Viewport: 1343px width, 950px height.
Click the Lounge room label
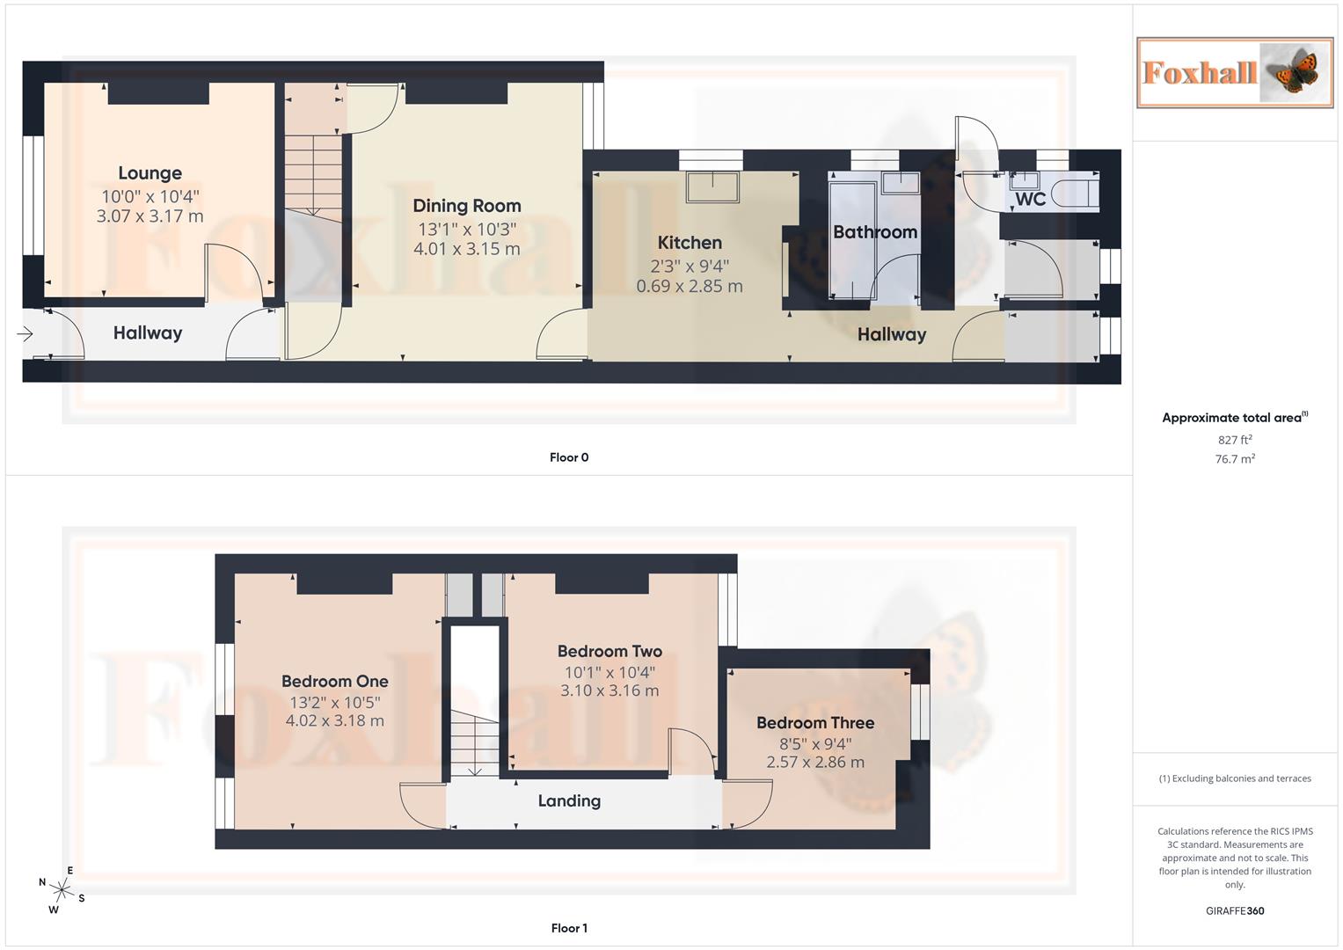(x=150, y=173)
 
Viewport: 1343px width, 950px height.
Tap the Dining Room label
(x=467, y=206)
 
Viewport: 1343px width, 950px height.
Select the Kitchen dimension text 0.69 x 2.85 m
(x=690, y=286)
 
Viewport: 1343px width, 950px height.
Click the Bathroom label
(x=874, y=232)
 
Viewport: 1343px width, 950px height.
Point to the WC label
(x=1030, y=199)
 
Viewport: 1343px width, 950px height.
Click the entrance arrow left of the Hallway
(x=25, y=334)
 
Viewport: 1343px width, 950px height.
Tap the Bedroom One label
(x=334, y=681)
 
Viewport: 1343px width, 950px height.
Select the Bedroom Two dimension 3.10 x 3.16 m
(x=609, y=691)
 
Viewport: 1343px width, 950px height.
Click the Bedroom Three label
(x=815, y=723)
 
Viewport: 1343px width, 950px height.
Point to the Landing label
(x=569, y=800)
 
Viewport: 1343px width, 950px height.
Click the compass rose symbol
(x=61, y=889)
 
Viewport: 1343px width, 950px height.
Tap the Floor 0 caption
(x=569, y=457)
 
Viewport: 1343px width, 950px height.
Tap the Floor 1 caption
(x=569, y=928)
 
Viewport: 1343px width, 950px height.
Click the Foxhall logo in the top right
(x=1235, y=73)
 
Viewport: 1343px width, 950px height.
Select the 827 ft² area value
(x=1235, y=440)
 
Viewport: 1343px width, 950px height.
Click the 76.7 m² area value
(x=1235, y=459)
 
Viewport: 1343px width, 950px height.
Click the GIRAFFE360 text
(x=1235, y=911)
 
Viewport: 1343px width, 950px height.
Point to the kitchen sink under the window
(x=712, y=187)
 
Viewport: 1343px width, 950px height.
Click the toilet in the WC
(x=1078, y=194)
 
